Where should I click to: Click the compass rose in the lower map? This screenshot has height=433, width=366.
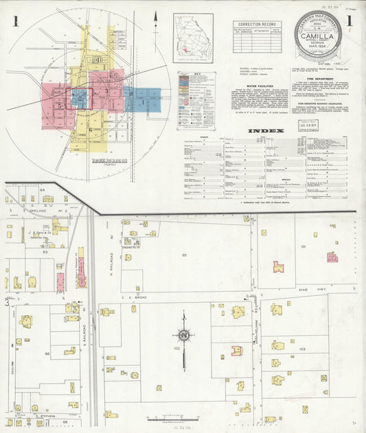click(x=184, y=335)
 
